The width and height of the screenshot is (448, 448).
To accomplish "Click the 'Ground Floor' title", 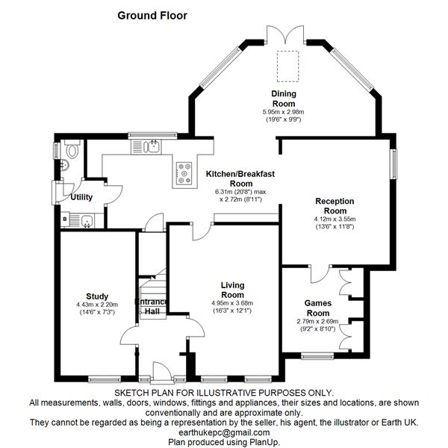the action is pos(152,16).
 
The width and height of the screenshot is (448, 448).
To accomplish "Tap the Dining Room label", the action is pos(284,99).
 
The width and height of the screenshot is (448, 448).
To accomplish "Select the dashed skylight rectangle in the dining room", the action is pos(288,66).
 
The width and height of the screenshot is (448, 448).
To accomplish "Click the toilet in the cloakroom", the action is pos(72,149).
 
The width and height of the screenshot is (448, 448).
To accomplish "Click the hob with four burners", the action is pos(184,173).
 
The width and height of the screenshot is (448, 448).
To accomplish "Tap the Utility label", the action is pos(81,197).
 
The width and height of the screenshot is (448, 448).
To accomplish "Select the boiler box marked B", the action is pos(65,220).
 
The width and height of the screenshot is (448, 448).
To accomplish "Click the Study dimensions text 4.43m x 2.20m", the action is pos(97,305).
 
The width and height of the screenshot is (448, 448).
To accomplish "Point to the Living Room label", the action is pos(232,290).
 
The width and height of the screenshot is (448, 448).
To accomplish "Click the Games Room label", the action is pos(318,308).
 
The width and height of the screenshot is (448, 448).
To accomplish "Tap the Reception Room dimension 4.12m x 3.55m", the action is pos(335,220).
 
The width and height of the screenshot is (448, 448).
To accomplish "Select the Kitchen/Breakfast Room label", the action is pos(240,178).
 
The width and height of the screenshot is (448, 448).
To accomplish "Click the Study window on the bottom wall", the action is pos(105,379).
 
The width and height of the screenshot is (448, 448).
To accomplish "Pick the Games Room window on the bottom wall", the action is pos(317,355).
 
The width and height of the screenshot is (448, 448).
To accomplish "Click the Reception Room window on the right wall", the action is pos(393,164).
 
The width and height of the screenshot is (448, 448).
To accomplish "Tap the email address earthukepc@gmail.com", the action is pos(224,432).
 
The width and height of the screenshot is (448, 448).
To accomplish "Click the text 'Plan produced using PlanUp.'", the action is pos(224,442).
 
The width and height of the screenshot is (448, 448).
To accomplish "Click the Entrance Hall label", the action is pos(152,307).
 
